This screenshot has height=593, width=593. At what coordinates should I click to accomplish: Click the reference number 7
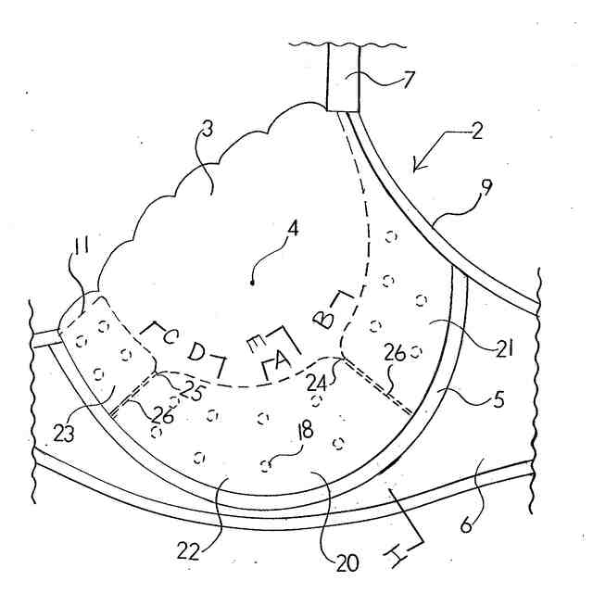coord(408,80)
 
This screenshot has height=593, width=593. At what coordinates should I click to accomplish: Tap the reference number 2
coord(476,132)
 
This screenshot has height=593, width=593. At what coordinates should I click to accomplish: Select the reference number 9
coord(486,187)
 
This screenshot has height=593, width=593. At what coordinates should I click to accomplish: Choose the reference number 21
coord(504,348)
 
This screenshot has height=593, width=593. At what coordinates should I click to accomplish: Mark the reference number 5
coord(499,399)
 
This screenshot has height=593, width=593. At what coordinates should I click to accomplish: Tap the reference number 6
coord(466,525)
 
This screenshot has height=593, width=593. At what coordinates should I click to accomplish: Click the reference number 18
coord(306,430)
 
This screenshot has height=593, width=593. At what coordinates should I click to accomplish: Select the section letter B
coord(323,317)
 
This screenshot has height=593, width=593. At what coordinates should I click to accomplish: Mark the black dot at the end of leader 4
coord(252,283)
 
